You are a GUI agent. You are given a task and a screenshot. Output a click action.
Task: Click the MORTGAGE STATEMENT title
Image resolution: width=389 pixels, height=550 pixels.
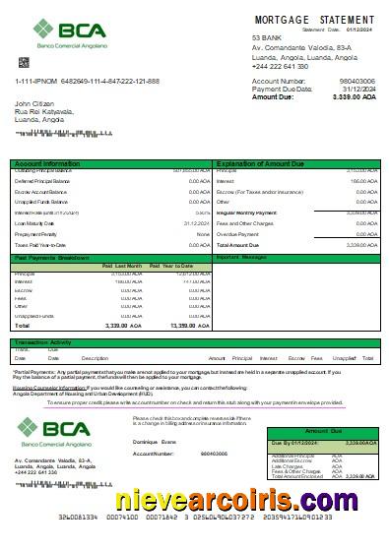point(314,20)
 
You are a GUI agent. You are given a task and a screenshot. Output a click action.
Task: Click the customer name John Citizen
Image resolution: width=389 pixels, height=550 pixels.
point(35,102)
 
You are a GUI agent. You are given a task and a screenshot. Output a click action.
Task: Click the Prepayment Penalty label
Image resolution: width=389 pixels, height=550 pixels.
point(36,234)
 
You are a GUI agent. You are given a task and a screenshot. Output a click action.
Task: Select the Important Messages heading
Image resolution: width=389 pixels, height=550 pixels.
point(242,258)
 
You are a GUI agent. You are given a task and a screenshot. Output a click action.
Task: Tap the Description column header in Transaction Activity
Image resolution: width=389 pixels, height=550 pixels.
point(95,358)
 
